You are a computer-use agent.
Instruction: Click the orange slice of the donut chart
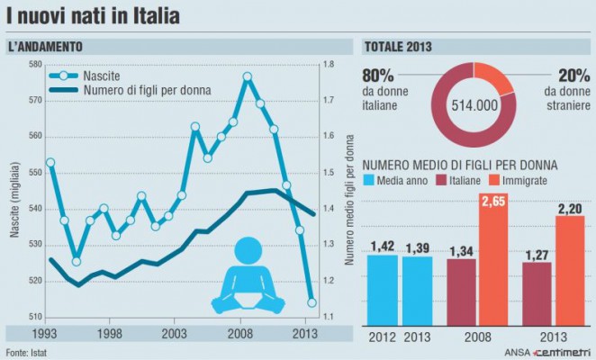(493, 76)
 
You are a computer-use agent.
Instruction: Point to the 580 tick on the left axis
(35, 64)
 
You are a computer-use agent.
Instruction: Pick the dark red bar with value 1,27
(537, 292)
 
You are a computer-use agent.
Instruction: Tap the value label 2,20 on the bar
(572, 207)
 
